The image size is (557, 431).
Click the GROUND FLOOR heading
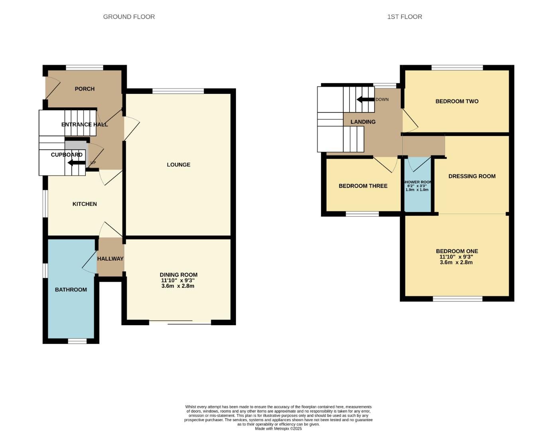point(129,17)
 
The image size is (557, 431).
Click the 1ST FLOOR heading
point(404,17)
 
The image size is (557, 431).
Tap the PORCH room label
point(85,89)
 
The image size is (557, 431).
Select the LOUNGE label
point(178,165)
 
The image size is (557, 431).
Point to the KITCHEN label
point(85,204)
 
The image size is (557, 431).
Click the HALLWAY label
point(110,259)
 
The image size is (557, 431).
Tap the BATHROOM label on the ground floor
point(71,290)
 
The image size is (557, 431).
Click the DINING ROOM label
point(178,275)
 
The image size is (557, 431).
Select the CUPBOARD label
point(67,155)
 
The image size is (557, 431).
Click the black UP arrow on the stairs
point(76,163)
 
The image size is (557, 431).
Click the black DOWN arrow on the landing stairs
point(365,99)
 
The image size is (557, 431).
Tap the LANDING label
point(363,122)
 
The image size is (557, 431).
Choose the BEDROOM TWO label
point(457,101)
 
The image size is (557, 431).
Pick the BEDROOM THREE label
point(363,186)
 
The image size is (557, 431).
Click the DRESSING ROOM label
point(472,176)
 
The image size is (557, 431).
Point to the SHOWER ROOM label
point(417,182)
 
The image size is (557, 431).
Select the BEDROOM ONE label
point(457,251)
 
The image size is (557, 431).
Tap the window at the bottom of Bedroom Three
point(362,214)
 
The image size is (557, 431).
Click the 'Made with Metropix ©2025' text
point(278,429)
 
